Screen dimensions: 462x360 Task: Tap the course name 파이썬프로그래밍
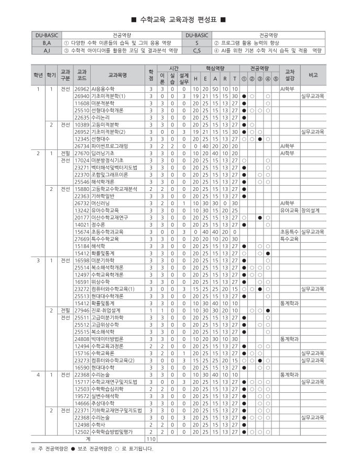[x=110, y=146]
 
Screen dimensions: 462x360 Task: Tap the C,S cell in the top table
[x=197, y=50]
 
